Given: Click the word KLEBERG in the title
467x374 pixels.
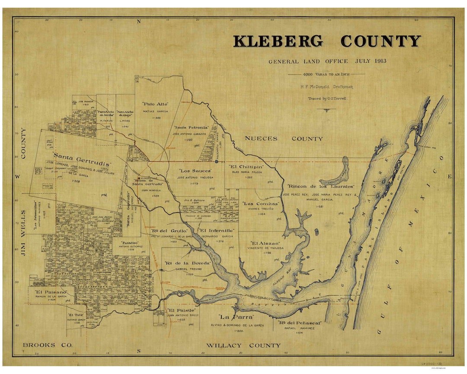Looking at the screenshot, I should (x=278, y=41).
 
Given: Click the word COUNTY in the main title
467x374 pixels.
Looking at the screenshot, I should (x=380, y=41).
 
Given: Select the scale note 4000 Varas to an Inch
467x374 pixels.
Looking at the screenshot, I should (x=327, y=74).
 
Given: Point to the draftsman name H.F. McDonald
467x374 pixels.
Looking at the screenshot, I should (x=314, y=87).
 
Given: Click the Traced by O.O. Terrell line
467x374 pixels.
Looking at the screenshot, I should (x=327, y=99).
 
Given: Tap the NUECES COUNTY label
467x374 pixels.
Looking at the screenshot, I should (x=284, y=139).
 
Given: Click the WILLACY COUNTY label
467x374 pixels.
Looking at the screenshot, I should (x=243, y=345).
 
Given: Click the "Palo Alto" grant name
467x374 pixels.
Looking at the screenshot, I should (x=155, y=104).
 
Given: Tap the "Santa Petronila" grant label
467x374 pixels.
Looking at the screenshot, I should (x=191, y=128).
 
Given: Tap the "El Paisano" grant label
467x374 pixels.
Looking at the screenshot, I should (x=51, y=292).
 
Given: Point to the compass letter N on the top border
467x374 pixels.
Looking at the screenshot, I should (x=139, y=21).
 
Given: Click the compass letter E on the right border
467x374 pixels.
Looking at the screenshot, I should (x=450, y=176).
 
